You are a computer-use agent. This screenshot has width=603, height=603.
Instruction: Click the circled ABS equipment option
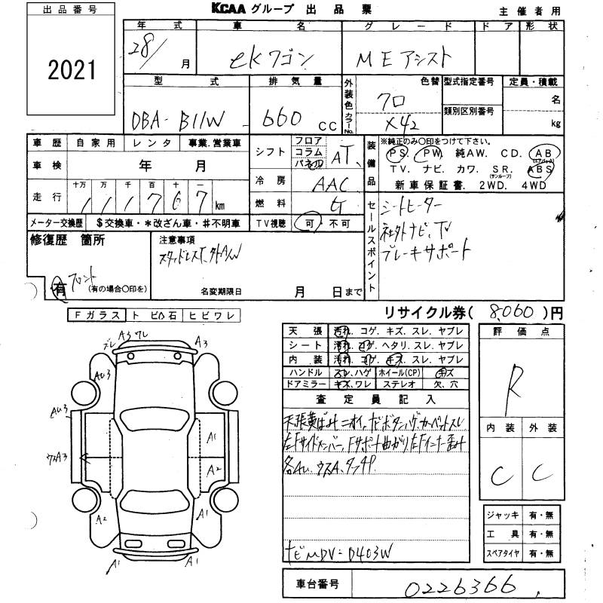pyautogui.click(x=544, y=170)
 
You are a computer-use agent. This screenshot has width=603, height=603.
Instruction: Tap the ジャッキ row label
pyautogui.click(x=503, y=515)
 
